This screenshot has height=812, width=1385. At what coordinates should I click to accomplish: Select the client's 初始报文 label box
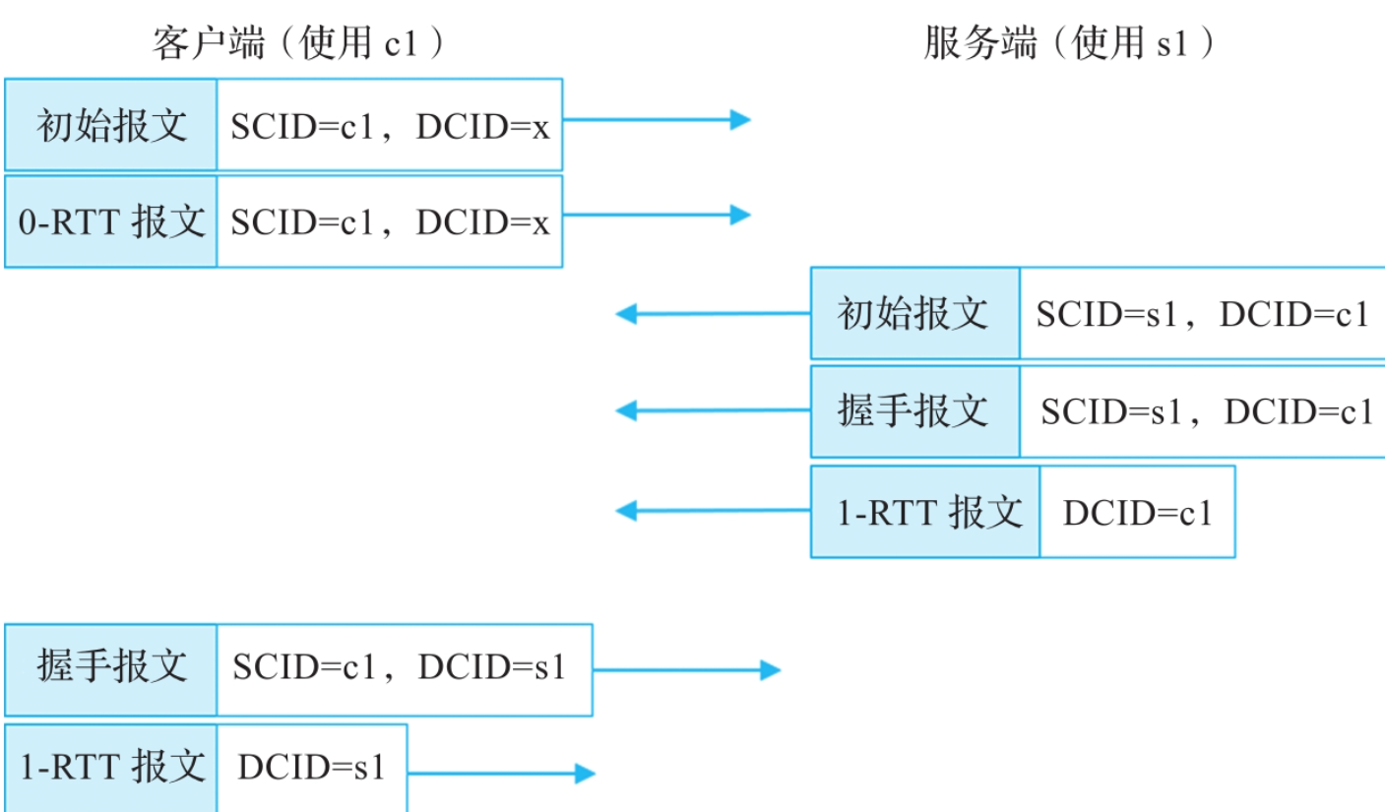click(111, 125)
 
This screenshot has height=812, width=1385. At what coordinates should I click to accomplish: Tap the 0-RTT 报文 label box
click(111, 221)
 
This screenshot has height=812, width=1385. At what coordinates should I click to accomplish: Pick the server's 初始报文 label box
click(915, 314)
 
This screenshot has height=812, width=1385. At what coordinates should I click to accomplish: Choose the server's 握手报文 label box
click(915, 411)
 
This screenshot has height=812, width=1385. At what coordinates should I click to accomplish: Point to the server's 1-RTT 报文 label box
click(925, 512)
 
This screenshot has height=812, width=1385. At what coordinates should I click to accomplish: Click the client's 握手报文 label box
click(111, 669)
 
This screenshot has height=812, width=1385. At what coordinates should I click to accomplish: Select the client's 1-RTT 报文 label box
click(111, 768)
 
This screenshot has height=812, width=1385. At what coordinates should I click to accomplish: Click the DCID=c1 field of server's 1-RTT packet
click(1137, 512)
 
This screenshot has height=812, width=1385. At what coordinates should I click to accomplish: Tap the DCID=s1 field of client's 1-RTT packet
click(310, 768)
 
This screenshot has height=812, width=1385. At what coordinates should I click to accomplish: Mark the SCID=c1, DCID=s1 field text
click(400, 669)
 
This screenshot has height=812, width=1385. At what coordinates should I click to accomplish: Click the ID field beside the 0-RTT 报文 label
click(390, 221)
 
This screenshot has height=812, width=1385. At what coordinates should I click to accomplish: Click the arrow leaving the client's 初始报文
click(656, 120)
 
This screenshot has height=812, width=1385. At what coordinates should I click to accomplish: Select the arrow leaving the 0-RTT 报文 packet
click(656, 215)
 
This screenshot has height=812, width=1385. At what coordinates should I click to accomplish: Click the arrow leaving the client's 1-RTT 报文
click(501, 774)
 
